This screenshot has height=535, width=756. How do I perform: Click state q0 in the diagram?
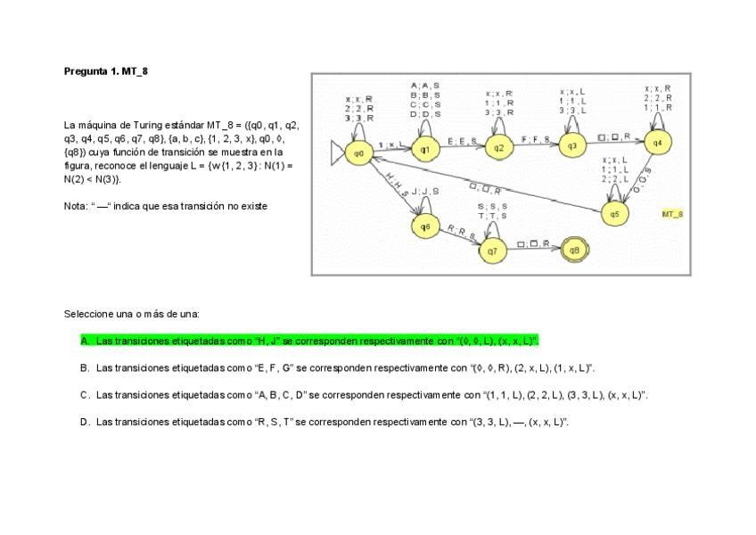click(x=359, y=153)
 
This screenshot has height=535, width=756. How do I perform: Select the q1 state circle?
click(x=424, y=148)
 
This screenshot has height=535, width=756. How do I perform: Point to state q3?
click(x=572, y=146)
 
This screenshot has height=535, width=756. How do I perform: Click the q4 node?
click(x=657, y=143)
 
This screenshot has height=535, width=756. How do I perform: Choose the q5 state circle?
click(x=613, y=214)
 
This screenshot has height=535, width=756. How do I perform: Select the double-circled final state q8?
click(x=574, y=251)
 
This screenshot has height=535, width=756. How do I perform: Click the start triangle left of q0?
click(x=337, y=153)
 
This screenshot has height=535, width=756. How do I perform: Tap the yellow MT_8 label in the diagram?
click(x=672, y=215)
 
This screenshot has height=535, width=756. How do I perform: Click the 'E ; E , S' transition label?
click(x=461, y=141)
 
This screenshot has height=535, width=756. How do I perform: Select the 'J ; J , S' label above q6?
click(x=426, y=192)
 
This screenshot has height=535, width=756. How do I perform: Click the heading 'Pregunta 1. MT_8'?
click(x=105, y=70)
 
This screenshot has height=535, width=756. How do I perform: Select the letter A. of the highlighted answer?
click(x=85, y=341)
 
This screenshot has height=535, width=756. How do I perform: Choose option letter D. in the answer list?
click(x=85, y=422)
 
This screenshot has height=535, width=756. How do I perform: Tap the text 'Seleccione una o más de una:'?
click(x=131, y=314)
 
